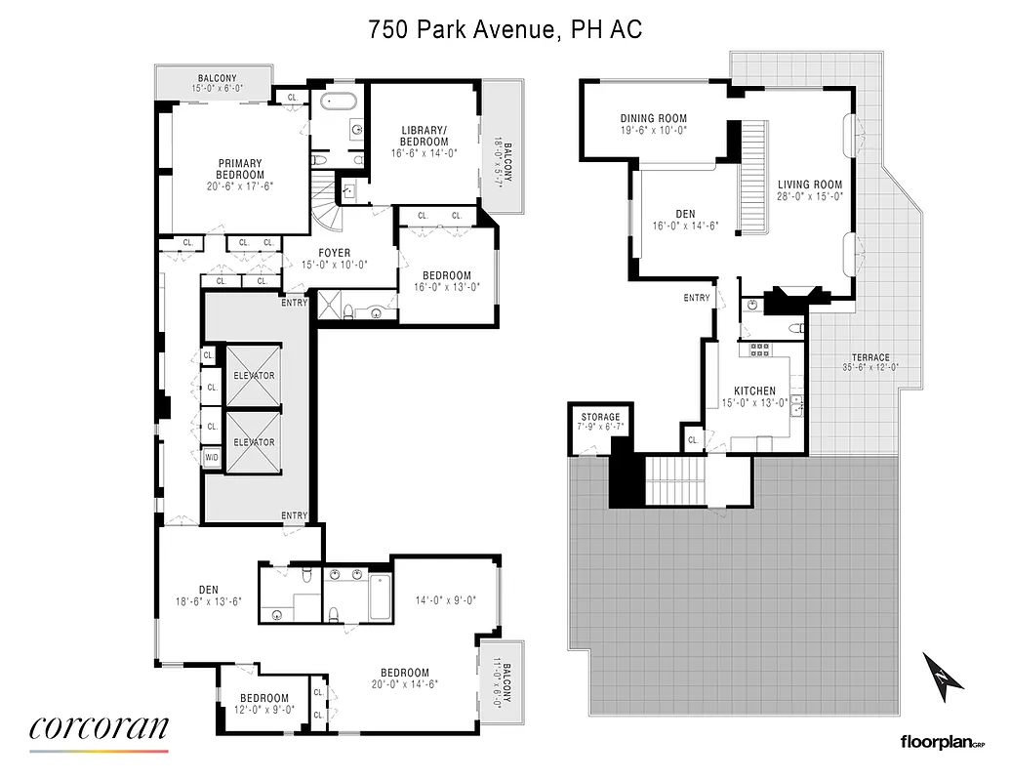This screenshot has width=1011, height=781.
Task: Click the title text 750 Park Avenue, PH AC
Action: click(505, 29)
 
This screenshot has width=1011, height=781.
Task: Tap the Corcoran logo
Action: click(99, 728)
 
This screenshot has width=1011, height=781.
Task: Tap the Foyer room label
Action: click(334, 253)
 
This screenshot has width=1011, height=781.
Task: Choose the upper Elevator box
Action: click(254, 375)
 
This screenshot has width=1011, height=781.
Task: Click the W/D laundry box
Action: click(212, 457)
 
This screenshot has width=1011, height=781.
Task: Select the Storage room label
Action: click(600, 418)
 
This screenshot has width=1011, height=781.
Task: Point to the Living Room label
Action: click(809, 185)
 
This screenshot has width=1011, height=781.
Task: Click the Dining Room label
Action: click(654, 119)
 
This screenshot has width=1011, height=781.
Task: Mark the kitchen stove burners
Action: click(759, 349)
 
